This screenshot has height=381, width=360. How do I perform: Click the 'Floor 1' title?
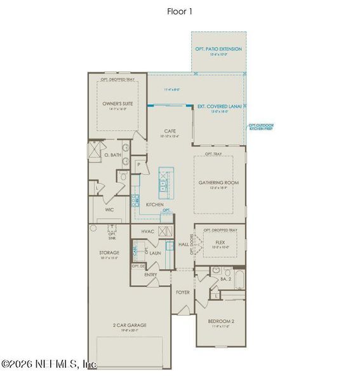coord(180,11)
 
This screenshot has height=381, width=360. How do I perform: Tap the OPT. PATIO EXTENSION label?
coord(219,49)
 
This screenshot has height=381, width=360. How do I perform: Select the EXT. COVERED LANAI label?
coord(219,107)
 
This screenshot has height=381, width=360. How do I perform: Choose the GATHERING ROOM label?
coord(219,183)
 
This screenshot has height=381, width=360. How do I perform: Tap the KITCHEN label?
coord(155,204)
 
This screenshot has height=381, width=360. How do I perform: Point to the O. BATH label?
coord(112,154)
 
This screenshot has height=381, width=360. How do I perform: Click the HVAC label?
coord(147,231)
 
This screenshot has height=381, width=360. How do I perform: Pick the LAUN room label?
coord(154,253)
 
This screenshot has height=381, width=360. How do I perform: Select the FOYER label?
coord(183,292)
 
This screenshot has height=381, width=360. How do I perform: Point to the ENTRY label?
coord(150,274)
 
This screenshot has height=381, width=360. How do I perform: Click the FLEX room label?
coord(220,242)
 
